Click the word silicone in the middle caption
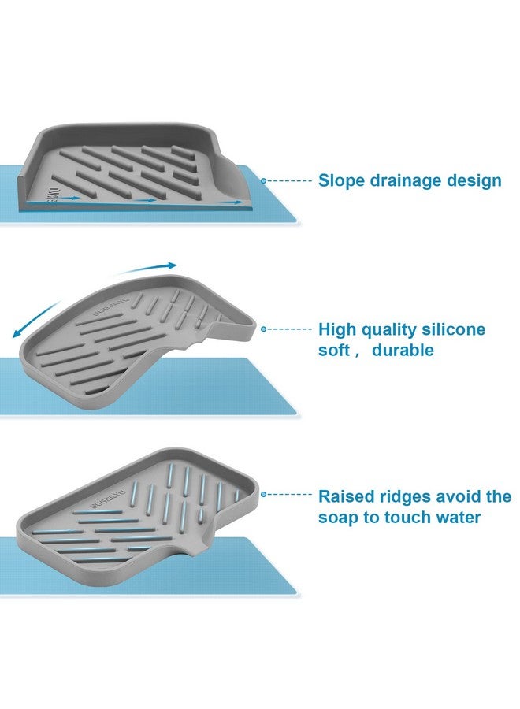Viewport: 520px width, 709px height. tap(454, 329)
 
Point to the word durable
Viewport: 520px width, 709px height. tap(403, 350)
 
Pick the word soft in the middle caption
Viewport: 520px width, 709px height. tap(334, 350)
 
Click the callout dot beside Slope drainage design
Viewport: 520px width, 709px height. tap(263, 181)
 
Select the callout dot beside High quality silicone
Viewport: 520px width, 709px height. tap(263, 329)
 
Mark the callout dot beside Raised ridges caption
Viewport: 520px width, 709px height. tap(263, 495)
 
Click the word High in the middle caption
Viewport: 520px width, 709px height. tap(337, 330)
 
